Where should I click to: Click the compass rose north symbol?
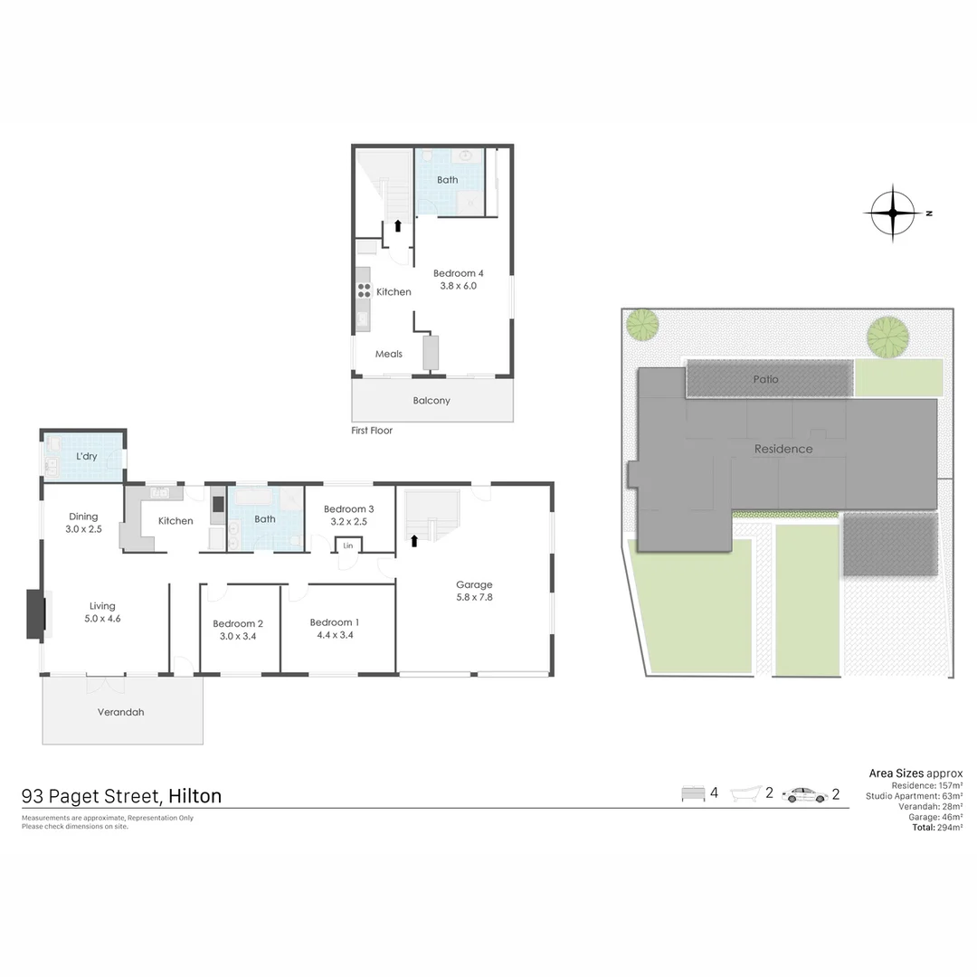pos(894,213)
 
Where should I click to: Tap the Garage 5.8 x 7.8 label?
pos(474,591)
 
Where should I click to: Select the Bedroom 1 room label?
pos(334,629)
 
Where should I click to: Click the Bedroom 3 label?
pos(349,515)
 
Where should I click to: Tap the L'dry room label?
pos(87,456)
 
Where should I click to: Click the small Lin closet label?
pos(347,545)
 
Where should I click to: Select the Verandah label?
pos(121,712)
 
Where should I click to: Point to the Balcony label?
pos(432,400)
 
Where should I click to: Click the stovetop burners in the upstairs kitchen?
pos(364,290)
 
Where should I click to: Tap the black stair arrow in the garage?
pos(415,541)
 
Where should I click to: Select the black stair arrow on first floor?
pos(397,226)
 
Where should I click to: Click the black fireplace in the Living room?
pos(34,615)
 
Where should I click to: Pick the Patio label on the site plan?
pos(765,379)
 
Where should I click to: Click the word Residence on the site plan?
pos(783,449)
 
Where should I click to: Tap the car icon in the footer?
pos(804,794)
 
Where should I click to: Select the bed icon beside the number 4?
pos(693,794)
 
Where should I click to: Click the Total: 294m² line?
pos(936,827)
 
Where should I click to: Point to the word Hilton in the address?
pos(194,796)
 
